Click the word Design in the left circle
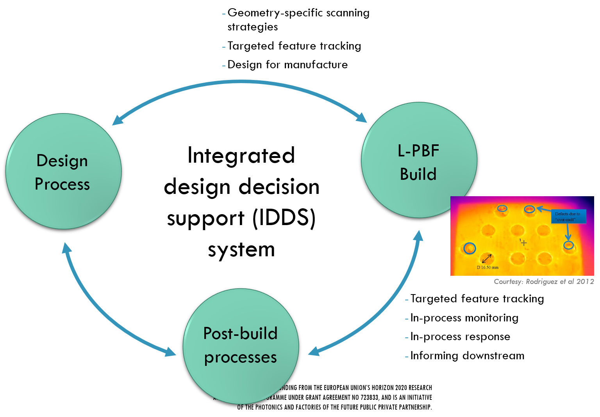coord(62,161)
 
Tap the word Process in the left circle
coord(62,184)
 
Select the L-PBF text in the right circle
coord(418,151)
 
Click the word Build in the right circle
coord(418,174)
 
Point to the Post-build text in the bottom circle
coord(240,334)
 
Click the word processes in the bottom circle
coord(240,357)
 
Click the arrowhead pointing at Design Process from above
coord(116,121)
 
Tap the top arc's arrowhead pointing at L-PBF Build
coord(362,118)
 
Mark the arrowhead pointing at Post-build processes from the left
coord(171,352)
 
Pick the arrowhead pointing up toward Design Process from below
coord(66,247)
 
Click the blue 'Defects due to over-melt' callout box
coord(568,216)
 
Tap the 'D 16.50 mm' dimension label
coord(487,268)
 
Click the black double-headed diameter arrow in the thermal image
coord(487,258)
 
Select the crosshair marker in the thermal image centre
coord(524,243)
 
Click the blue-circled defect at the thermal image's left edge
coord(470,248)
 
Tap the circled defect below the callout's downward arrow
coord(568,245)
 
